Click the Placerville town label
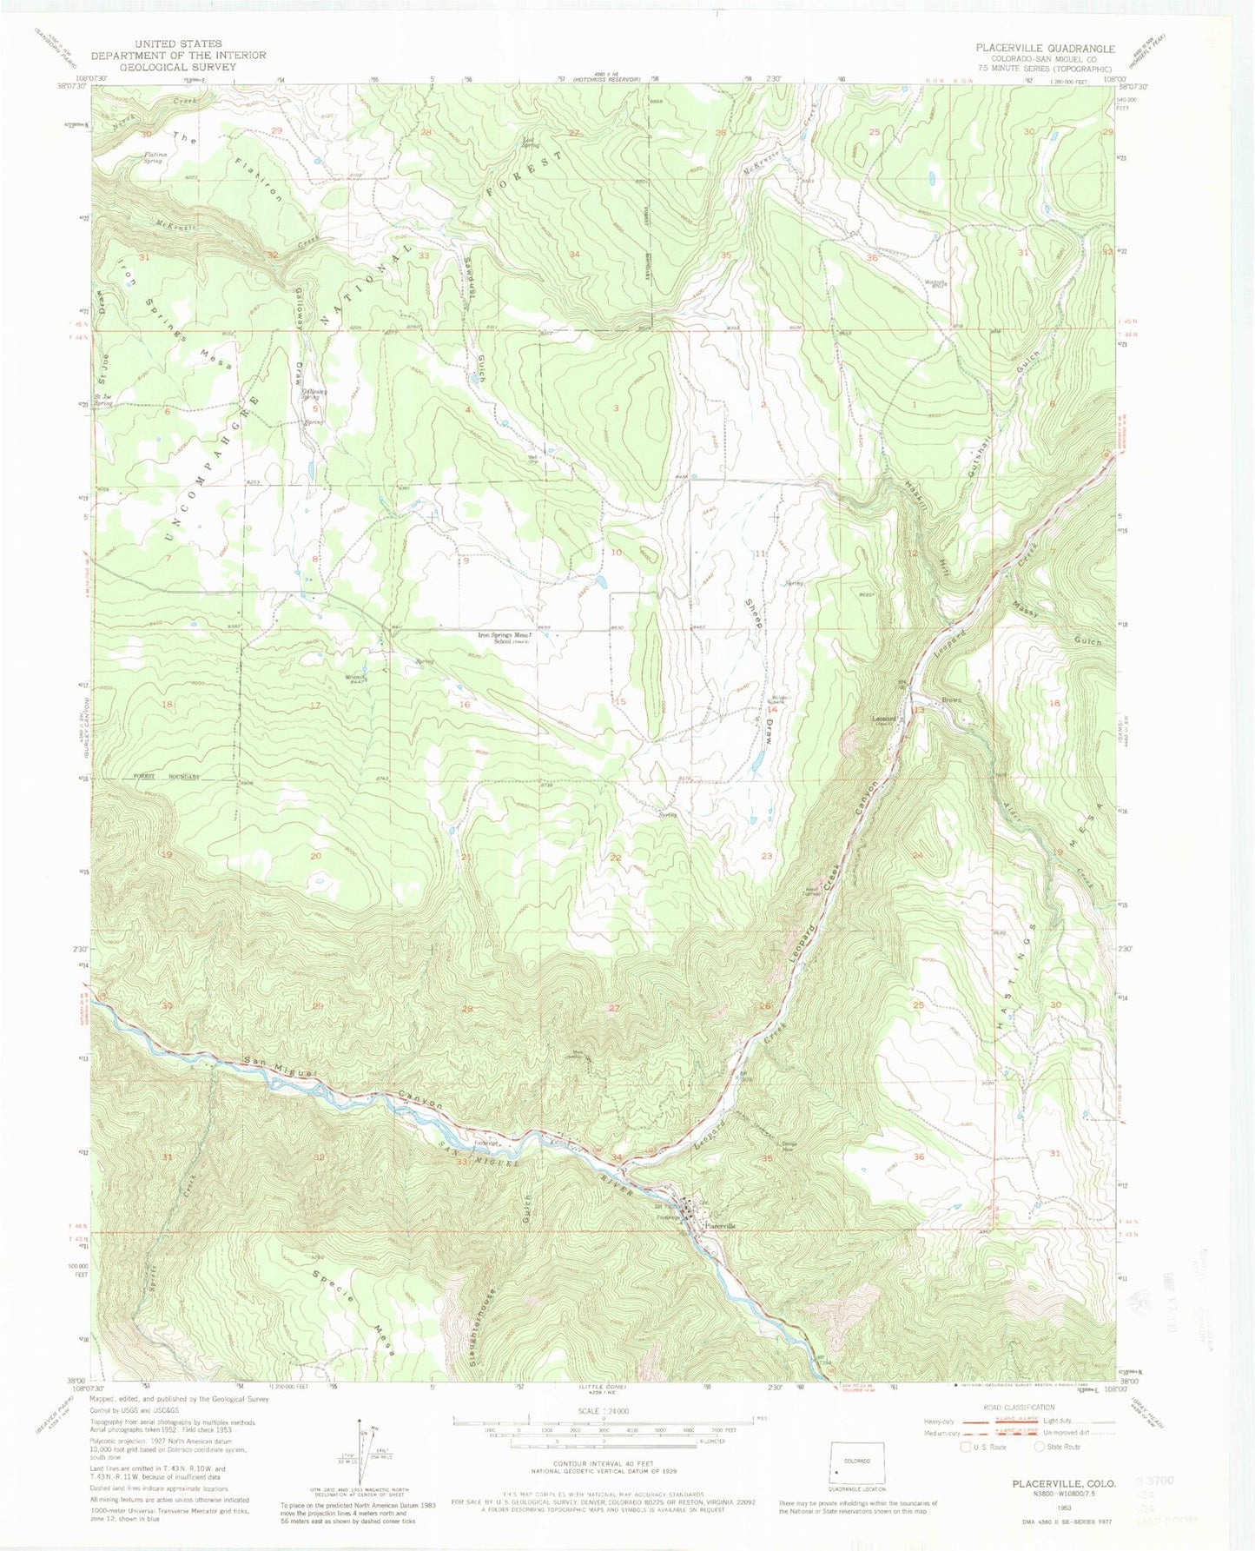pyautogui.click(x=720, y=1225)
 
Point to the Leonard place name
pyautogui.click(x=884, y=718)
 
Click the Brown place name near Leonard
pyautogui.click(x=953, y=701)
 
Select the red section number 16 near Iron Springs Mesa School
pyautogui.click(x=466, y=704)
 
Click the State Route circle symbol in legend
pyautogui.click(x=1039, y=1447)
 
